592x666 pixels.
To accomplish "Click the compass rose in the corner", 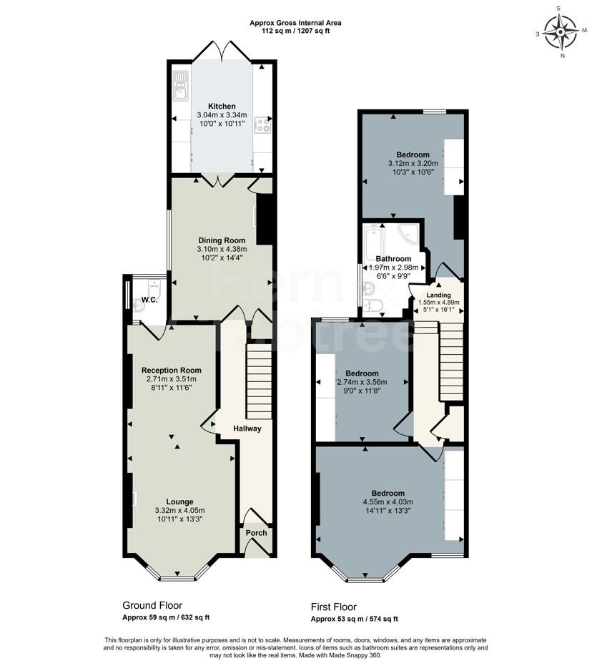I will [x=560, y=32].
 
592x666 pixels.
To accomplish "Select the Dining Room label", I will [x=222, y=240].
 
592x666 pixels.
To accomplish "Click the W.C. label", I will [x=149, y=300].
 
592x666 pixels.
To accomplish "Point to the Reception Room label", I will [x=172, y=370].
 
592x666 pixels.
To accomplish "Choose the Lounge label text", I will [x=179, y=501].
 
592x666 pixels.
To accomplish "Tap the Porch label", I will [x=256, y=533].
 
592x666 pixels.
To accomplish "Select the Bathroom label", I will [x=393, y=258].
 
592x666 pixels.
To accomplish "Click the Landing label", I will [x=438, y=295].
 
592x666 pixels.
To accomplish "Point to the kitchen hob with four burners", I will [x=262, y=127].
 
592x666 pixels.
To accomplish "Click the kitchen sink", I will [x=179, y=84].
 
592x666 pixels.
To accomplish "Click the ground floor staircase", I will [x=259, y=382].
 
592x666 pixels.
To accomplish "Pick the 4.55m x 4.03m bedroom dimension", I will [x=388, y=501].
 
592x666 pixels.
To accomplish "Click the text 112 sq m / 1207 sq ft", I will [x=295, y=31].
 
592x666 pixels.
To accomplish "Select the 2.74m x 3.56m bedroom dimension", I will [x=362, y=382].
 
